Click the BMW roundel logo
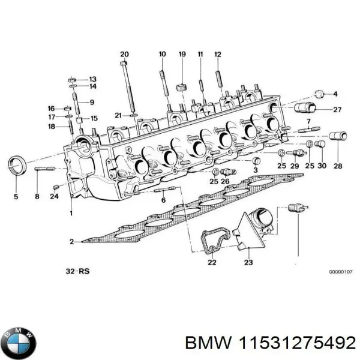(x=19, y=343)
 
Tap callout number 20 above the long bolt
(x=124, y=54)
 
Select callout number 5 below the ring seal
(x=16, y=197)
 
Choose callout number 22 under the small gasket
(x=212, y=262)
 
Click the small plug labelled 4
(x=320, y=94)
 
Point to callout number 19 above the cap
(x=182, y=54)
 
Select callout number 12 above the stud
(x=218, y=54)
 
